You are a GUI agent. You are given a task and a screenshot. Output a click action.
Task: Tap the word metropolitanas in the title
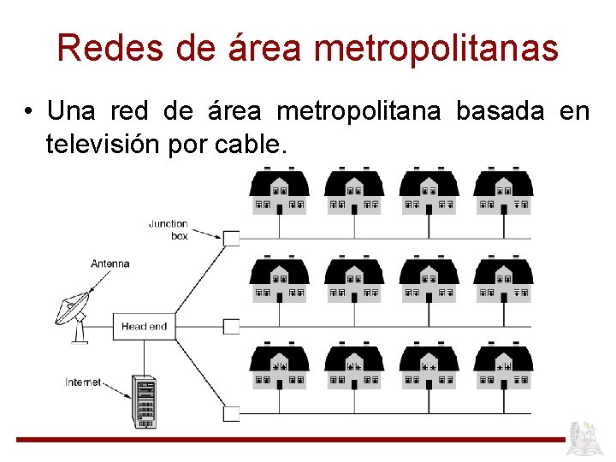point(436,50)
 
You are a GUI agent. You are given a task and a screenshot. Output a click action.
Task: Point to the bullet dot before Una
point(29,112)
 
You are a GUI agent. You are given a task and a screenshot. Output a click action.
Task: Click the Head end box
point(144,326)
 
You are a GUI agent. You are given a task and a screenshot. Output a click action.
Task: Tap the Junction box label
point(169,229)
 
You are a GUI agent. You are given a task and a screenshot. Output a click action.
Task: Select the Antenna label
point(110,264)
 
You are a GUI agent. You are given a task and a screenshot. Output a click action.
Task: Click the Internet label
point(83,382)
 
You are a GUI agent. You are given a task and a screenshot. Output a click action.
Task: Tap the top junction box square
point(231,238)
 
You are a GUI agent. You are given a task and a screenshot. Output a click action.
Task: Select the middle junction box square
point(231,326)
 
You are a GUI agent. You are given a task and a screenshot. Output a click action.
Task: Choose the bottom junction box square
point(231,413)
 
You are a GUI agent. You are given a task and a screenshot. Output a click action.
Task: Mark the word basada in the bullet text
point(501,112)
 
